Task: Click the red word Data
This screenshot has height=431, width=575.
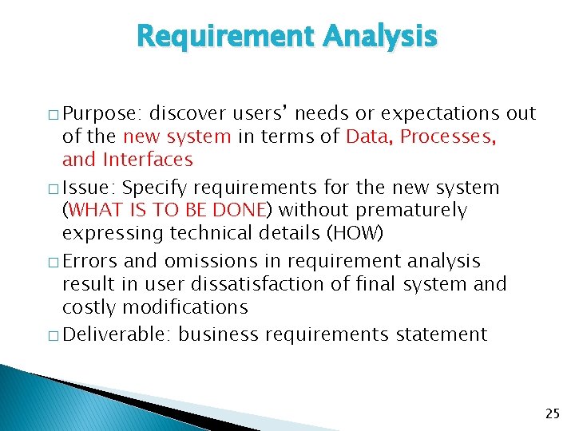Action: pos(367,136)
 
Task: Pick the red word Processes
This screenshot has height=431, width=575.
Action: pos(448,136)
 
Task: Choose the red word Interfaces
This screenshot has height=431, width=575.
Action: pos(148,160)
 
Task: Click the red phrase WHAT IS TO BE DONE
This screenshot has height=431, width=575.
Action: pos(169,211)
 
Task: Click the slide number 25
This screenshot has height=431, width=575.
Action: pos(552,413)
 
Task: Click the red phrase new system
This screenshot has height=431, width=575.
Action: pos(176,136)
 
